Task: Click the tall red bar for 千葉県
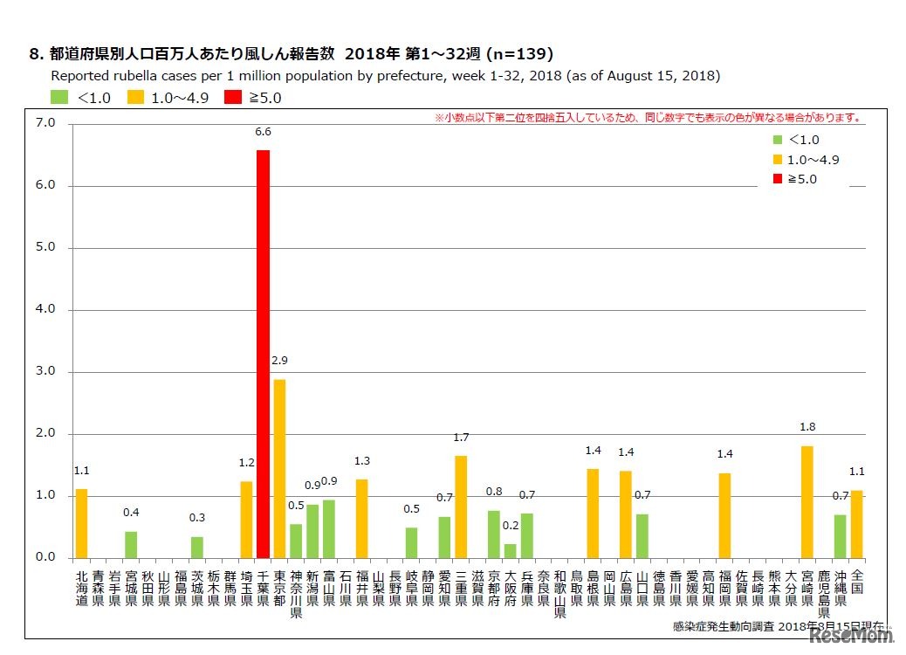263,354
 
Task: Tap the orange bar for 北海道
81,523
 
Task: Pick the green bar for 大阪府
510,551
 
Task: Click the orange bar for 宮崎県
807,502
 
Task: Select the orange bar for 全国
857,524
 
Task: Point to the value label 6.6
263,132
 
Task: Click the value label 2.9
279,361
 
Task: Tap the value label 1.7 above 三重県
461,437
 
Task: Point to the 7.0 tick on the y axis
45,124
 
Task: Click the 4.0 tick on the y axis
45,309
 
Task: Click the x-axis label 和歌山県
559,595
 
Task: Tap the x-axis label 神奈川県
296,595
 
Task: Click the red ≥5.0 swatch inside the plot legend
777,179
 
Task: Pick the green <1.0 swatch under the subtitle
59,97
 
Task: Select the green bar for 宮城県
131,545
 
